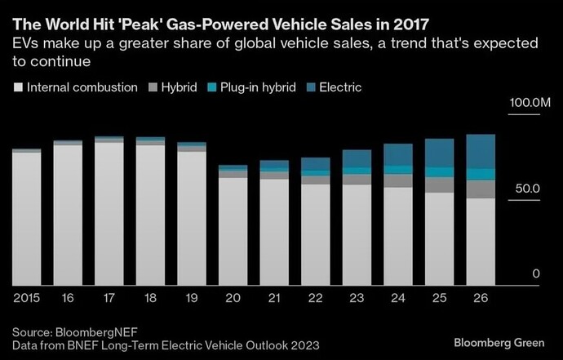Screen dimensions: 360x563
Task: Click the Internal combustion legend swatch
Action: click(18, 87)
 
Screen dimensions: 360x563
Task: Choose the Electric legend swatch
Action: click(310, 87)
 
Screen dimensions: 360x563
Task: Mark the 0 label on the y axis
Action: click(536, 273)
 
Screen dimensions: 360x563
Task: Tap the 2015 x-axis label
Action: click(27, 298)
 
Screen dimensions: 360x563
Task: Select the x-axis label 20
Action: click(233, 298)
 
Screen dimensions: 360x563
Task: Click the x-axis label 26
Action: click(480, 298)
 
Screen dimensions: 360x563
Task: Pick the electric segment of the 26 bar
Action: click(480, 151)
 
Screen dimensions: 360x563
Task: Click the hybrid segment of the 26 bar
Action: click(480, 189)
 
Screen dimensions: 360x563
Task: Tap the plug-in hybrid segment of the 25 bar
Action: click(439, 172)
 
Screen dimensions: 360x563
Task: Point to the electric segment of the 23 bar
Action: click(357, 158)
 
